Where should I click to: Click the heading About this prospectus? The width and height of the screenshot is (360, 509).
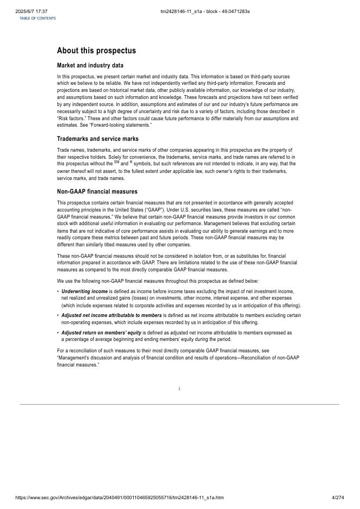click(96, 51)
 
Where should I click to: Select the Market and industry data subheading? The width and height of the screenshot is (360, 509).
click(90, 65)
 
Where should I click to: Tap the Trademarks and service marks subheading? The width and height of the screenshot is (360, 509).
click(97, 139)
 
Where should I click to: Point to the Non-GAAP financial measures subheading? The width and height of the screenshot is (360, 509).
click(97, 191)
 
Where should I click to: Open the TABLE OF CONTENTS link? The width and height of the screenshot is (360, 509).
click(38, 18)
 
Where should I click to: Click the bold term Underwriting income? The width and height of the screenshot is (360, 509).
click(84, 291)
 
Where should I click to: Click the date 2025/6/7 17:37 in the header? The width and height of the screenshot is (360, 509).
click(32, 11)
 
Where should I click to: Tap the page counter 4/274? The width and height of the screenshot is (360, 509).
click(338, 498)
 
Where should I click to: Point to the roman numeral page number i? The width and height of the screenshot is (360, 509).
click(179, 389)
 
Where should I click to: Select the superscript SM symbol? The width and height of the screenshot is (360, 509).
click(116, 162)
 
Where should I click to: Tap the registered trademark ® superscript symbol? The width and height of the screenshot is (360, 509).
click(131, 162)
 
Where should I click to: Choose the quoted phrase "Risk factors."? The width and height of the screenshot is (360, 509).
click(72, 119)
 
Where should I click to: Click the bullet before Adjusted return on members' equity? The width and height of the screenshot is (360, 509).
click(58, 332)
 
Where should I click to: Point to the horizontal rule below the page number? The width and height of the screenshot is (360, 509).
click(179, 404)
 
